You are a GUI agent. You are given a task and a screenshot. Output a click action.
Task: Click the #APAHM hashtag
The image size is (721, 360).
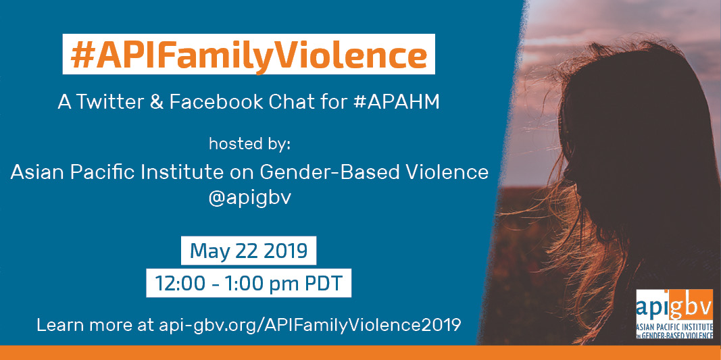(x=397, y=103)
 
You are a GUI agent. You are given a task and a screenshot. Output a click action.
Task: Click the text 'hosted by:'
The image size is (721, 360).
(x=250, y=144)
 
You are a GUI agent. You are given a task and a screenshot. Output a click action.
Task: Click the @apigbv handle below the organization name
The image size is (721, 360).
(x=249, y=199)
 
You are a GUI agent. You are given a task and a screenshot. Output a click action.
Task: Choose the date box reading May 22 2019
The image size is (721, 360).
(x=248, y=251)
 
